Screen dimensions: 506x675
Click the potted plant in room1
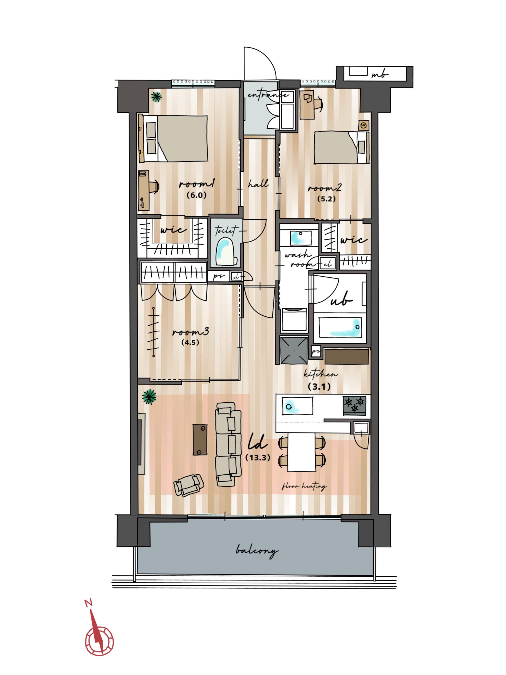point(156,97)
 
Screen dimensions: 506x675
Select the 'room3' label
point(190,332)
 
